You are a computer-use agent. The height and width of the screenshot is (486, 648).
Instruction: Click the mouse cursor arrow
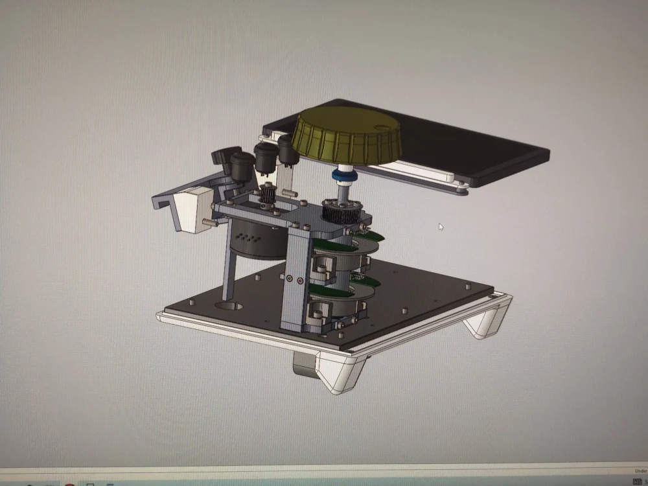(441, 227)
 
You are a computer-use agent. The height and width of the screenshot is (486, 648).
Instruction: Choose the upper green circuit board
(337, 244)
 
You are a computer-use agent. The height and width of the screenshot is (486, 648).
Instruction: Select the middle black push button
(264, 156)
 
